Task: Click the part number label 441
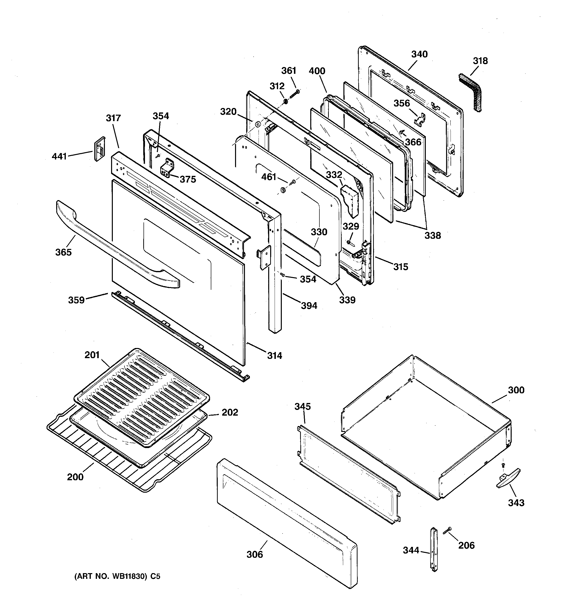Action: (x=59, y=156)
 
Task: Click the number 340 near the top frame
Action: (x=419, y=54)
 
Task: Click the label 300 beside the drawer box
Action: (x=516, y=390)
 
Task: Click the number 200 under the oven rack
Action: (x=75, y=477)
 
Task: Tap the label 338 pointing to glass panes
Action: (x=432, y=236)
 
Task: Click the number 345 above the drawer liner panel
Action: (x=302, y=406)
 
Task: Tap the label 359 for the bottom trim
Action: (x=76, y=300)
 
